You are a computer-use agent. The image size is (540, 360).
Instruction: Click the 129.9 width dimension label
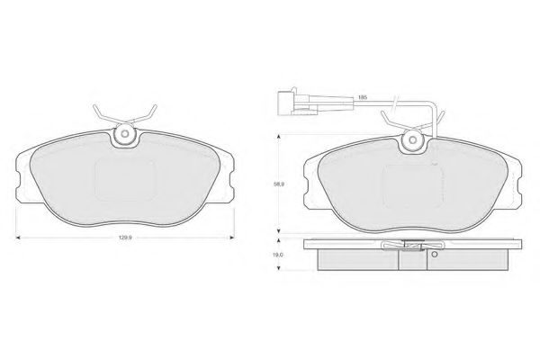(125, 238)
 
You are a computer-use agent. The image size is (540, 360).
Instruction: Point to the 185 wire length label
(363, 97)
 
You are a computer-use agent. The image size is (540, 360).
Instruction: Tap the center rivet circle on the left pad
(125, 133)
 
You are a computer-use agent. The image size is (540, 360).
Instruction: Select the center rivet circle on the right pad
(412, 139)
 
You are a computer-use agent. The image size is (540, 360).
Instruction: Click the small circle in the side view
(434, 255)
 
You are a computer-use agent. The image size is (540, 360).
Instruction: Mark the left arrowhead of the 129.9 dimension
(18, 238)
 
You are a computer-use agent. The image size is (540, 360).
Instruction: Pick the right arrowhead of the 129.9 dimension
(232, 238)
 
